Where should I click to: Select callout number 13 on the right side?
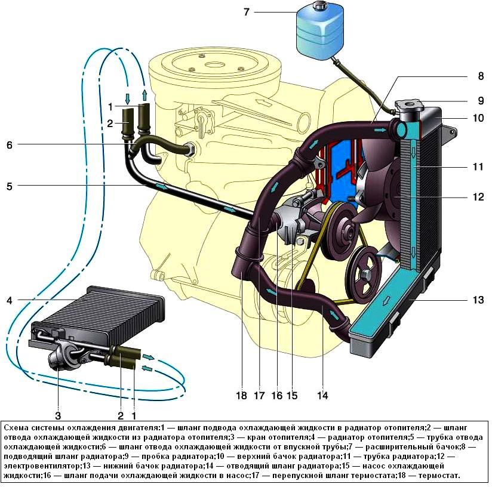pyautogui.click(x=478, y=300)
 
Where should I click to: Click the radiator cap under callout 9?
pyautogui.click(x=411, y=105)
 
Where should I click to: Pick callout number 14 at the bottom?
pyautogui.click(x=323, y=395)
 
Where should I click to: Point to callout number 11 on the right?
pyautogui.click(x=478, y=167)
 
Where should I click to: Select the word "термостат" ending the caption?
pyautogui.click(x=438, y=476)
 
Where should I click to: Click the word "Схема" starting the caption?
pyautogui.click(x=17, y=428)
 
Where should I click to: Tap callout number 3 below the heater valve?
pyautogui.click(x=57, y=415)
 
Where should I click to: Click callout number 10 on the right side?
pyautogui.click(x=478, y=118)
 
